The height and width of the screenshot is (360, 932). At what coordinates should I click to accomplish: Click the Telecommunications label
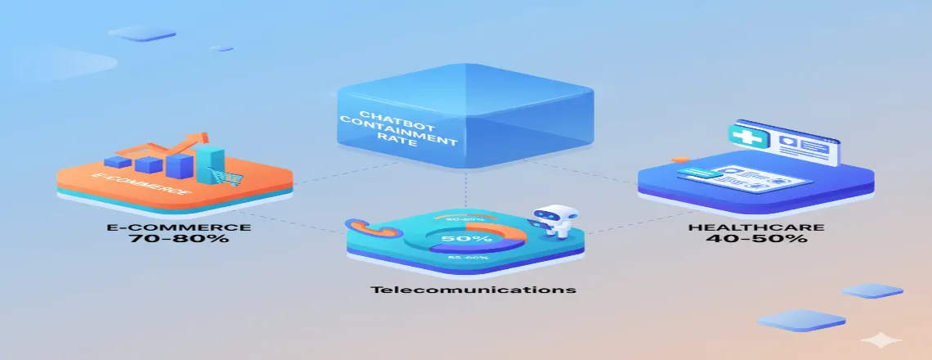(473, 290)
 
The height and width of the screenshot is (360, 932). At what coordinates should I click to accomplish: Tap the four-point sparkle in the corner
(880, 340)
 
